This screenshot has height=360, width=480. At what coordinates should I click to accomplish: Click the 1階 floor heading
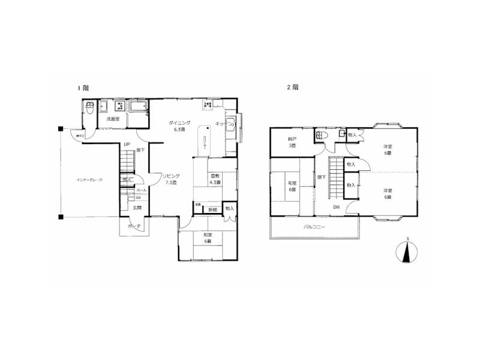point(83,88)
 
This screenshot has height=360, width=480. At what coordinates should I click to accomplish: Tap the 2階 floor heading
point(293,88)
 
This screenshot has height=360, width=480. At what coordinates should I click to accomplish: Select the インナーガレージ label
point(89,179)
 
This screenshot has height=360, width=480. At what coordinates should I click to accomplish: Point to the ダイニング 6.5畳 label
point(179,125)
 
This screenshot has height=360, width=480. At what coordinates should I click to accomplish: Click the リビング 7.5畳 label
point(170,179)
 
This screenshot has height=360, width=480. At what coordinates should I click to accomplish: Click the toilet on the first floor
point(89,110)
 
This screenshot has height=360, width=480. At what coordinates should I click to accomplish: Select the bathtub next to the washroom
point(138,107)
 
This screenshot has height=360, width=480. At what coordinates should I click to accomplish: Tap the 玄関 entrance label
point(137,208)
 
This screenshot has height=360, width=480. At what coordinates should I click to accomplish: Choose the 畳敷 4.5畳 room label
point(214,179)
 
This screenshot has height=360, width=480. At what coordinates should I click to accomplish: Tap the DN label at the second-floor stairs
point(336,207)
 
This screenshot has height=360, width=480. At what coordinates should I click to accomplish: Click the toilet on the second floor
point(322,134)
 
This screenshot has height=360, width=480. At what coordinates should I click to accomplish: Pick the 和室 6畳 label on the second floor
point(292,185)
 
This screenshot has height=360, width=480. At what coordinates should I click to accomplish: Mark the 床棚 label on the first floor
point(212,209)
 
